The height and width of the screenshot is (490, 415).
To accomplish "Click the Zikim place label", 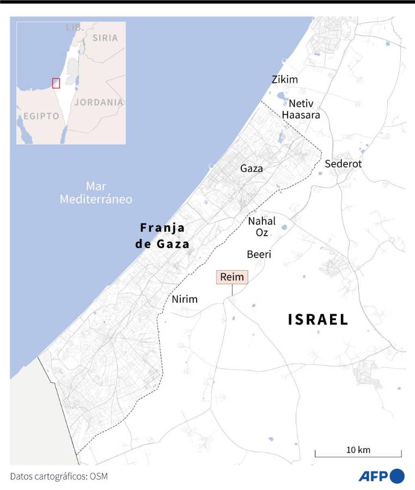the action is tap(285, 80).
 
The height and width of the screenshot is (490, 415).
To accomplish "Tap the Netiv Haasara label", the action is tap(301, 109).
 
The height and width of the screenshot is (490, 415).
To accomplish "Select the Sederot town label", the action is tap(343, 164).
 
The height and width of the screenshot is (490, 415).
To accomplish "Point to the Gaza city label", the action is tap(252, 169).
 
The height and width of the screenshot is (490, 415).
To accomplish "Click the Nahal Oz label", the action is tap(262, 226).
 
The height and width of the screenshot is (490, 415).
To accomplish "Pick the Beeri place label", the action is tap(259, 254).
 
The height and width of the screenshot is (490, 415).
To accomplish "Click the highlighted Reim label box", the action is tap(232, 277).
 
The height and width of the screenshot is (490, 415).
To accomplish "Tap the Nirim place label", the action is tap(185, 299).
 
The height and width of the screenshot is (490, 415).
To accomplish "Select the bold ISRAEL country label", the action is tap(318, 320).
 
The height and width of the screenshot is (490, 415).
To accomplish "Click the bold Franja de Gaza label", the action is tap(162, 235).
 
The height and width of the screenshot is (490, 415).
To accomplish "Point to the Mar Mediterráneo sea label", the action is tap(96, 193).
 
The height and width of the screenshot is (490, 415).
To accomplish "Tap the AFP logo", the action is tap(381, 476).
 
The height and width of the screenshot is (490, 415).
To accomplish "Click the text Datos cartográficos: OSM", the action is tap(59, 476).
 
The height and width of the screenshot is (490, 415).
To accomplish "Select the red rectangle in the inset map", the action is tap(56, 83).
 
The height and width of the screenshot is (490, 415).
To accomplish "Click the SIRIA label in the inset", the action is tap(105, 38).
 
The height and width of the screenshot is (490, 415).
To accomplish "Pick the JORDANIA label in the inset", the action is tap(99, 102).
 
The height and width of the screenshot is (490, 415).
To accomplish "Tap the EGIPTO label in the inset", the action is tap(41, 117).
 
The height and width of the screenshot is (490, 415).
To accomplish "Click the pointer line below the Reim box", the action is tap(232, 290).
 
